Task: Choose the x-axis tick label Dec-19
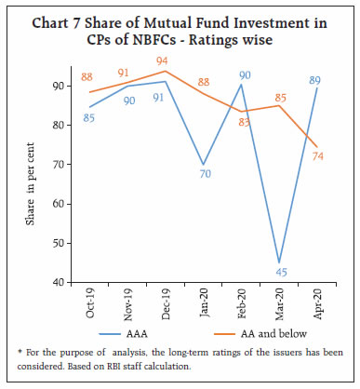[162, 303]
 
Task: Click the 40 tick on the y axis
[60, 282]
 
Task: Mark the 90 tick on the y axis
[60, 86]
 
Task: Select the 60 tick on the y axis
[60, 204]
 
